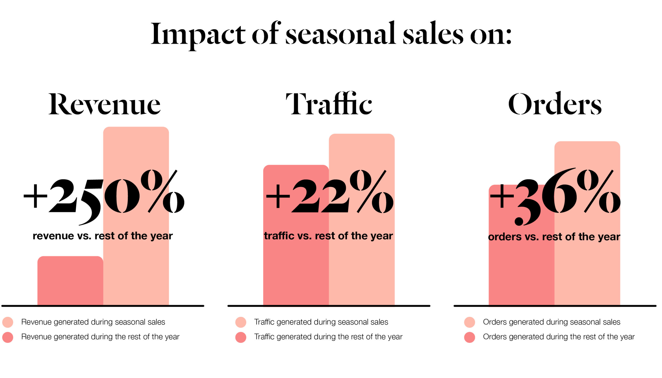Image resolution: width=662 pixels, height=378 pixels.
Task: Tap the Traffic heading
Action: tap(329, 104)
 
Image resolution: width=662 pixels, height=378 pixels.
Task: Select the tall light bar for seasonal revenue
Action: tap(136, 273)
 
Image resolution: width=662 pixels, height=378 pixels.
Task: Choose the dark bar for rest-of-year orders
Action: tap(521, 273)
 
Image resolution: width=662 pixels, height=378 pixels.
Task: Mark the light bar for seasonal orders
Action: tap(587, 273)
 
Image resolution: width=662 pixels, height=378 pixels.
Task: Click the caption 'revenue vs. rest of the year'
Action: tap(102, 236)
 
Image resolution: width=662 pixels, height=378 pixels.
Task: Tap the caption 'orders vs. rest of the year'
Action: tap(554, 237)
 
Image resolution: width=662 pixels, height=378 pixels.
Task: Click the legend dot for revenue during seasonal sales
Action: tap(7, 322)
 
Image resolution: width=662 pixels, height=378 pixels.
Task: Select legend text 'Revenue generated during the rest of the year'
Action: tap(100, 337)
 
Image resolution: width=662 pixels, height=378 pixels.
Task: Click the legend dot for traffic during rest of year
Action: tap(240, 337)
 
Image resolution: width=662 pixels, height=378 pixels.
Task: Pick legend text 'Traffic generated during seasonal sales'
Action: tap(321, 322)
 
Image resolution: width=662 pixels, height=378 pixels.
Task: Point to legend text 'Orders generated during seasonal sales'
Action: tap(552, 322)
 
